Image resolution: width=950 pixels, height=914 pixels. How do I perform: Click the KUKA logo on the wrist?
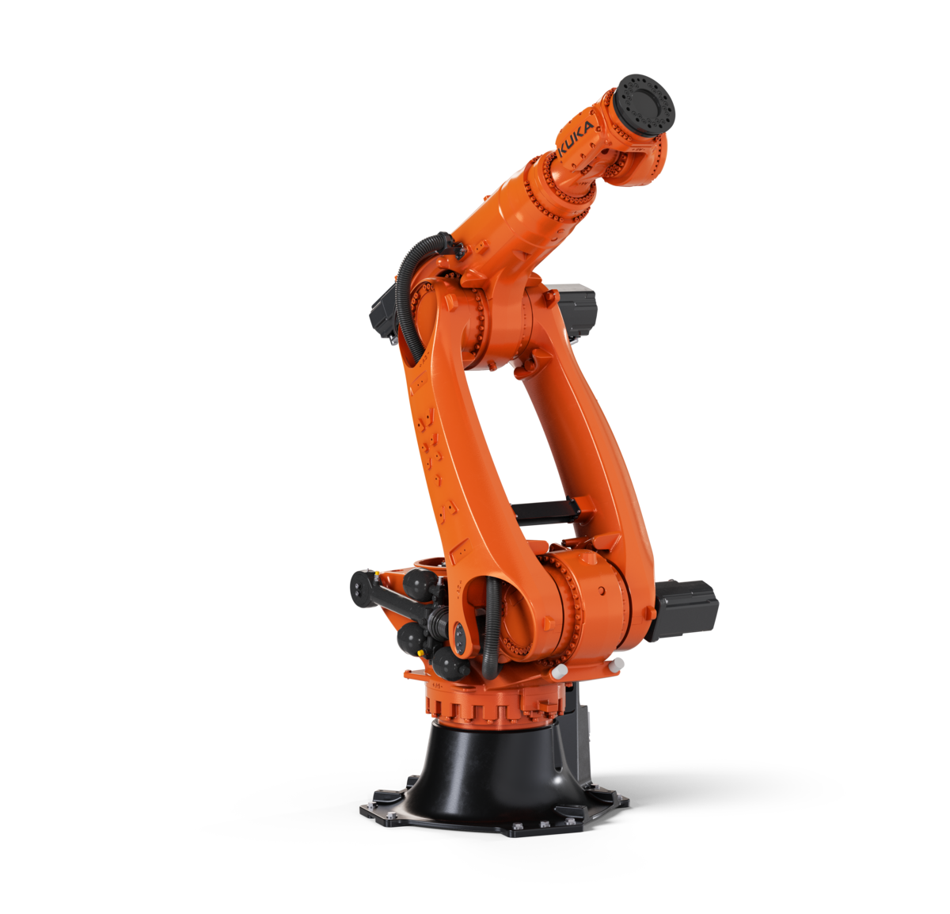click(x=576, y=139)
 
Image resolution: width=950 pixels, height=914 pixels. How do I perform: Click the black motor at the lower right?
click(x=683, y=610)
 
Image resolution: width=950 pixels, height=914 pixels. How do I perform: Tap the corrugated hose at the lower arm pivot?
click(x=492, y=630)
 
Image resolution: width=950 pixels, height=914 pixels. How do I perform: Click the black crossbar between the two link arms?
click(x=545, y=511)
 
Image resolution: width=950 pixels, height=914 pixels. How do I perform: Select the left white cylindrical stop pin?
click(x=559, y=670)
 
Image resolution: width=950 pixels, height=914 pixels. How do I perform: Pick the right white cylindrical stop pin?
click(x=616, y=665)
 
